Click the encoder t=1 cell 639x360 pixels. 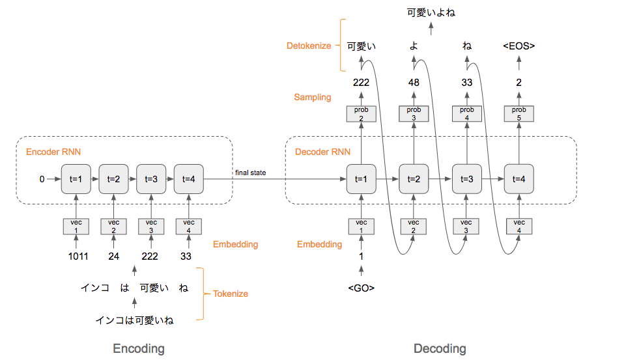pyautogui.click(x=75, y=178)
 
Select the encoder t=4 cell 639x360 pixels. pyautogui.click(x=188, y=178)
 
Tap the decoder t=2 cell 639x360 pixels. pyautogui.click(x=414, y=178)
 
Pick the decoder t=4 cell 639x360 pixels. pyautogui.click(x=519, y=178)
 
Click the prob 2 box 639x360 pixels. pyautogui.click(x=361, y=113)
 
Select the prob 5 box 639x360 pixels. pyautogui.click(x=519, y=113)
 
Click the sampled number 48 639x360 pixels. pyautogui.click(x=414, y=83)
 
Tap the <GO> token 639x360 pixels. pyautogui.click(x=362, y=288)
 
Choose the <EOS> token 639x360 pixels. pyautogui.click(x=519, y=46)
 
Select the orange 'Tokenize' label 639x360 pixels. pyautogui.click(x=230, y=294)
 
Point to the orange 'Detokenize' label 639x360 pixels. pyautogui.click(x=309, y=46)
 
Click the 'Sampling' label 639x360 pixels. pyautogui.click(x=313, y=97)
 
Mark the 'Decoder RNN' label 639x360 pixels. pyautogui.click(x=323, y=152)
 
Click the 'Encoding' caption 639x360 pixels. pyautogui.click(x=139, y=348)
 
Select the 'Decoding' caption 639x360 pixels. pyautogui.click(x=440, y=348)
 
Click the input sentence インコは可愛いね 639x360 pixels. pyautogui.click(x=134, y=320)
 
